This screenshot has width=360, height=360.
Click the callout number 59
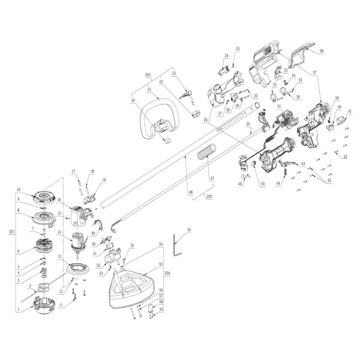click(188, 230)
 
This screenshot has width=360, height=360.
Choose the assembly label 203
click(209, 196)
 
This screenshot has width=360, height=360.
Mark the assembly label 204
click(167, 272)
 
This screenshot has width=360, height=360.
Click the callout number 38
click(321, 52)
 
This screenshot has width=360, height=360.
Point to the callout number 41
click(350, 112)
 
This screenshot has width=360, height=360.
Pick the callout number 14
click(60, 232)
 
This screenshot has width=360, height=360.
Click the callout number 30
click(247, 124)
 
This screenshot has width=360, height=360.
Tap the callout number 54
click(160, 245)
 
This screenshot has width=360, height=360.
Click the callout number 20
click(133, 101)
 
